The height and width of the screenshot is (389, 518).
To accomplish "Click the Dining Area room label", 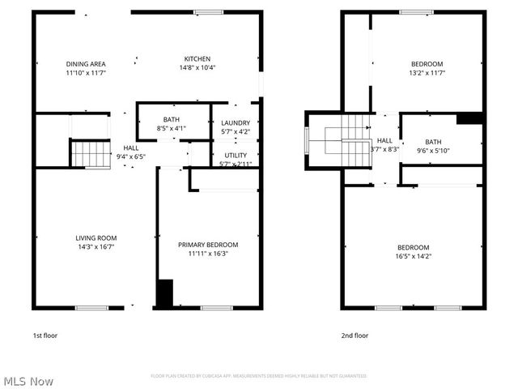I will click(86, 64).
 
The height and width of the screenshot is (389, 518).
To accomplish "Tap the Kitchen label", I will click(197, 58).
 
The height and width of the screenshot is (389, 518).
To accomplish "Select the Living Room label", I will click(95, 237).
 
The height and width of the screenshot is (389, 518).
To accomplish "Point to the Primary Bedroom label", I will click(208, 244).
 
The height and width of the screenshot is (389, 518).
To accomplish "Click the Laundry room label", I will click(235, 123).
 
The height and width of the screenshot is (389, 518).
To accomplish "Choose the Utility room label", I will click(236, 155).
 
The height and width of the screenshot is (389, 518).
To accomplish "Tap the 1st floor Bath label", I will click(171, 118).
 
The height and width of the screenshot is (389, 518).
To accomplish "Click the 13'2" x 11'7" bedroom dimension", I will click(427, 73).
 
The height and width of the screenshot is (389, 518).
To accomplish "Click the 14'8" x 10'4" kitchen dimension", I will click(197, 67).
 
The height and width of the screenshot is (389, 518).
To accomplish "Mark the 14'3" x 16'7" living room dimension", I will click(95, 246).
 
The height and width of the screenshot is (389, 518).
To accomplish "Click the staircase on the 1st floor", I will click(90, 152).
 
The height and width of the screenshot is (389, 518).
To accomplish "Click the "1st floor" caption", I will click(45, 335).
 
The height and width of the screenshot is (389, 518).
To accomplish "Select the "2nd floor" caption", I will click(355, 335).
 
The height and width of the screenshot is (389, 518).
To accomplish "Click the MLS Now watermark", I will click(28, 380).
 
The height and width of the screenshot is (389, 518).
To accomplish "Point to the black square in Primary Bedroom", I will click(164, 293).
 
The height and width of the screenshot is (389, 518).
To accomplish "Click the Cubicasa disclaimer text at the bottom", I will click(258, 376).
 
